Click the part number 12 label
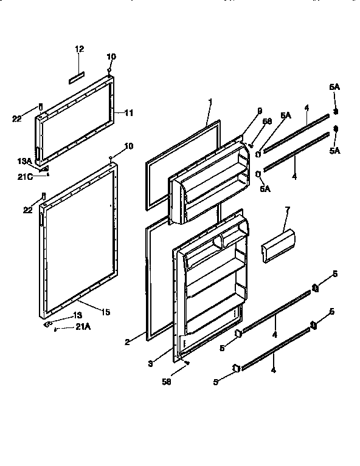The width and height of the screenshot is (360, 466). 80,49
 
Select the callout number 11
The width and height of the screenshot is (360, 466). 130,113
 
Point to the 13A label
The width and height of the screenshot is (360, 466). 24,161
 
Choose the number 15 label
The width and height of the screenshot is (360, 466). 105,312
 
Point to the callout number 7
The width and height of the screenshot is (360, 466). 288,210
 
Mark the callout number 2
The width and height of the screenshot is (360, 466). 126,343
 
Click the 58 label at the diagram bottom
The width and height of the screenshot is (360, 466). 166,382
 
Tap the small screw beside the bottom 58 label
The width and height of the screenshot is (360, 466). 187,363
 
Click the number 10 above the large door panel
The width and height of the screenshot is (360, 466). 128,146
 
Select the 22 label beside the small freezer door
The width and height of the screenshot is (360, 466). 16,118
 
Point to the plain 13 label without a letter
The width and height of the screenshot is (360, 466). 77,315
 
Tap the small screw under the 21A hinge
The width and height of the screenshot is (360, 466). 56,330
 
